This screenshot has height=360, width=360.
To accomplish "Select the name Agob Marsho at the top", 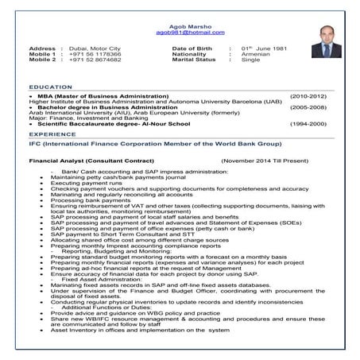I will (x=180, y=25).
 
